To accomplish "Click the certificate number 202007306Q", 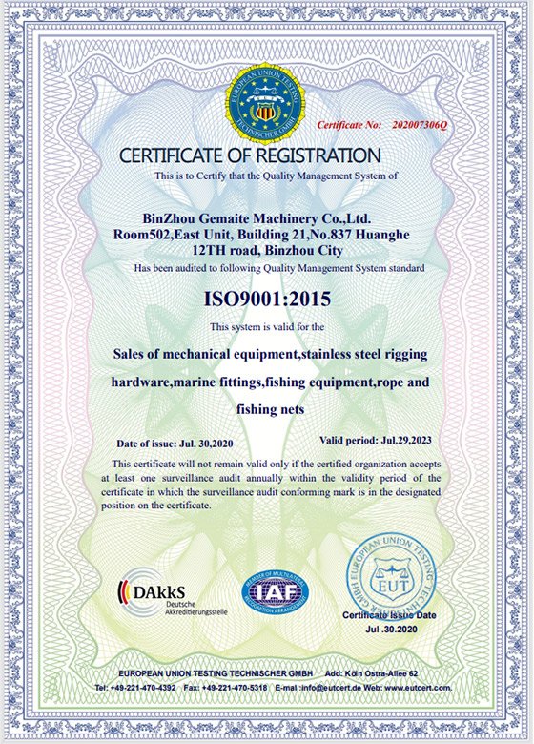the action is (x=420, y=125).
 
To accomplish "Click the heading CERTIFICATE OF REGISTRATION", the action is (x=250, y=155).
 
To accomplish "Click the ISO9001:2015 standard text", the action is (x=267, y=299).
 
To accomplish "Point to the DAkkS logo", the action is (x=159, y=593).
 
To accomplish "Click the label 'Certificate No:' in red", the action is (x=349, y=125).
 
